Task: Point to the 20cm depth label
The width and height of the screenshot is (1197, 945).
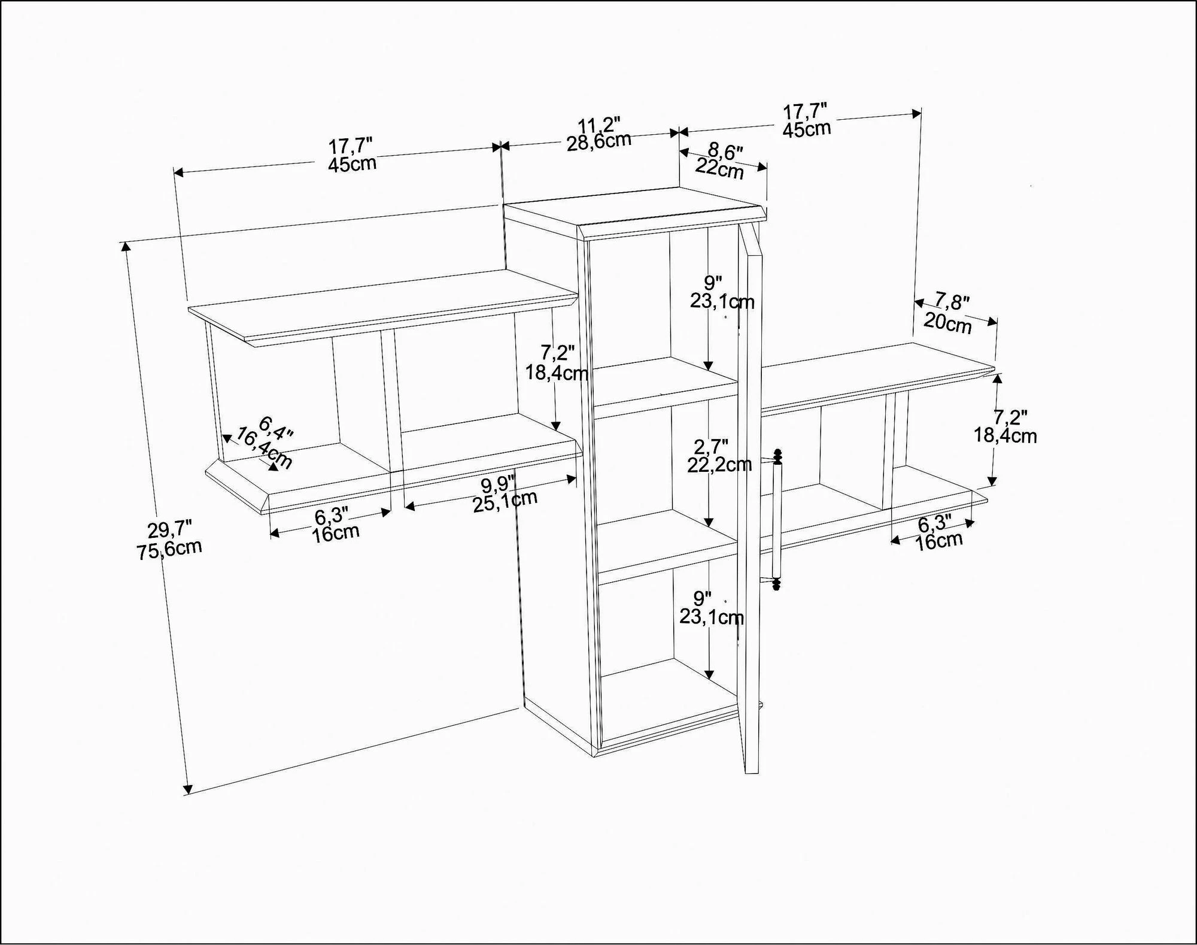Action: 947,323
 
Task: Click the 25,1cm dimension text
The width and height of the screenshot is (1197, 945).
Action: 505,501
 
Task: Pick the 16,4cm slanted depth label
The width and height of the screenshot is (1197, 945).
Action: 264,448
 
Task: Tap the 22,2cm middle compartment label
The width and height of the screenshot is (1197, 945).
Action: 719,464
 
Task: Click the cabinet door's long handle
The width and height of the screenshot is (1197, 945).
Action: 777,520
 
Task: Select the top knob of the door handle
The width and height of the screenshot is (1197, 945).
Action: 778,456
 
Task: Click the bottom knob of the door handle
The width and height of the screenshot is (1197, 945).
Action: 777,583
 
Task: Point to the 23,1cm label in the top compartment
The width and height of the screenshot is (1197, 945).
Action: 722,301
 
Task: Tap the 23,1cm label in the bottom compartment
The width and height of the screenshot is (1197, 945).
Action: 712,617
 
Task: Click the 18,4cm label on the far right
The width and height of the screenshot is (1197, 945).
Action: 1005,435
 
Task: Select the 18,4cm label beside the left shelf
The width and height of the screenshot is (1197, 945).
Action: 557,372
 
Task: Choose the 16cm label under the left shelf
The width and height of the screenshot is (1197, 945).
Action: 335,533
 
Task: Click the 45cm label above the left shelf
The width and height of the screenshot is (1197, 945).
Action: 352,163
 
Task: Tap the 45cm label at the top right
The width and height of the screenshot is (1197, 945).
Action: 807,128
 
